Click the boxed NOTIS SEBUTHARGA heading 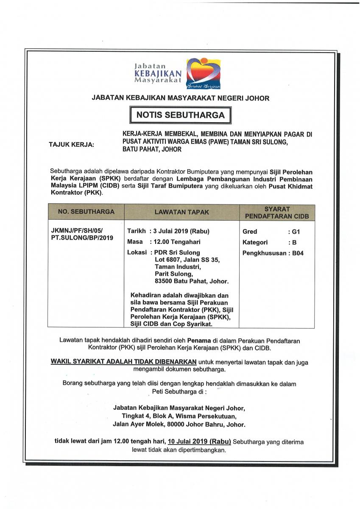pos(180,114)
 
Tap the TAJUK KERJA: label pos(72,145)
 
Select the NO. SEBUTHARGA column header pos(86,211)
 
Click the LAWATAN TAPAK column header pos(181,212)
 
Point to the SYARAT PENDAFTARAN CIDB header pos(277,213)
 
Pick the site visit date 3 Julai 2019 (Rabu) pos(181,231)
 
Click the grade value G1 pos(293,232)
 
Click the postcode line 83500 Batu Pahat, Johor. pos(192,281)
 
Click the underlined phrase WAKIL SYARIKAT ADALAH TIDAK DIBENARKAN pos(123,362)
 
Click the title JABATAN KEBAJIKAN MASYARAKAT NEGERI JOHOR pos(180,98)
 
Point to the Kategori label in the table pos(255,243)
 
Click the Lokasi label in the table pos(137,252)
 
